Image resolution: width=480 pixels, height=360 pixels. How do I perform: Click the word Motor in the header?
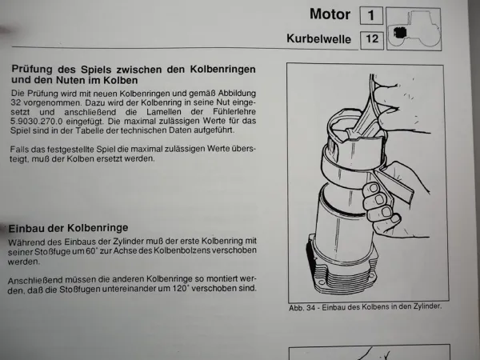point(329,14)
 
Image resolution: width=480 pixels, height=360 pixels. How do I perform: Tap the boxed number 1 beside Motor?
point(370,15)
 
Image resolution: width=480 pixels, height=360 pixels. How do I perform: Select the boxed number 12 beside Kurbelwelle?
point(370,38)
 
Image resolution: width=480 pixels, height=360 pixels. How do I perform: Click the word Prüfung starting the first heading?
point(35,70)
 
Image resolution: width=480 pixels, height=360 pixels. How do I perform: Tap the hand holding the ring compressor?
point(388,196)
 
